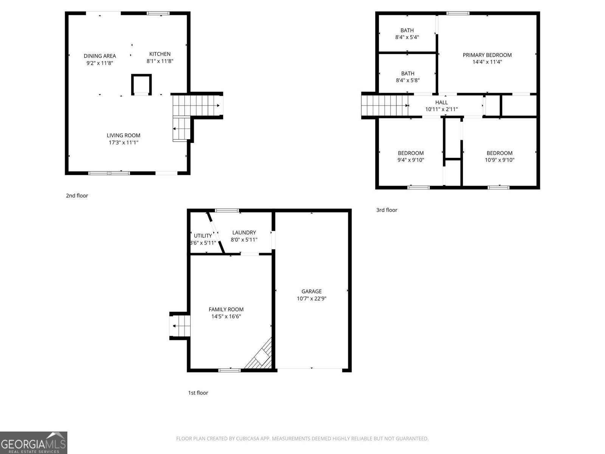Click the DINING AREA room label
tap(100, 56)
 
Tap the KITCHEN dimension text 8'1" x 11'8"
tap(160, 61)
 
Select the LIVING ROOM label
tap(123, 135)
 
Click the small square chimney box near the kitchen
tap(141, 84)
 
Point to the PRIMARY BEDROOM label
tap(487, 55)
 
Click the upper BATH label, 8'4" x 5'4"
tap(407, 31)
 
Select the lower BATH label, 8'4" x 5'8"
tap(407, 74)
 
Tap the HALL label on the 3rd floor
tap(441, 103)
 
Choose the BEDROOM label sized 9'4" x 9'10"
tap(411, 153)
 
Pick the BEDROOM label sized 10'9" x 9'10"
tap(499, 153)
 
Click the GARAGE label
tap(312, 291)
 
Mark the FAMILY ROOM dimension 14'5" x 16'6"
tap(226, 316)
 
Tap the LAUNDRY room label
tap(244, 233)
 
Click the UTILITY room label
tap(203, 236)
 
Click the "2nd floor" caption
tap(77, 196)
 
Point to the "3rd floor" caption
tap(386, 210)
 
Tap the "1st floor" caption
tap(198, 393)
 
